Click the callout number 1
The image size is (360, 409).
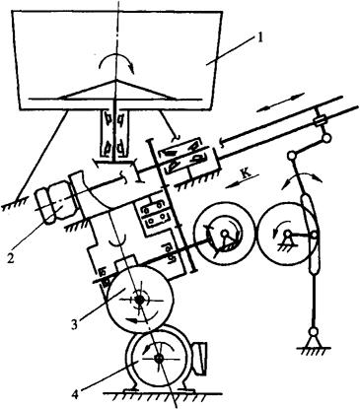point(260,37)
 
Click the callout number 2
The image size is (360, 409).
point(11,258)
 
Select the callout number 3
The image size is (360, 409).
point(74,324)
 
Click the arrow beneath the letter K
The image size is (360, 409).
point(238,184)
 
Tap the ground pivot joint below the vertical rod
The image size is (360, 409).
point(313,332)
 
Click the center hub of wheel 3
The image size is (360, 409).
point(139,300)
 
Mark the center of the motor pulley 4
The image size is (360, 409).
point(160,359)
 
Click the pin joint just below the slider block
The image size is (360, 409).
point(326,138)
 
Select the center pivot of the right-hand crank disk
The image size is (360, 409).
point(288,234)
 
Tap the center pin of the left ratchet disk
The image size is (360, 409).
point(225,234)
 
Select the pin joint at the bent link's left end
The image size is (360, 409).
point(291,155)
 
